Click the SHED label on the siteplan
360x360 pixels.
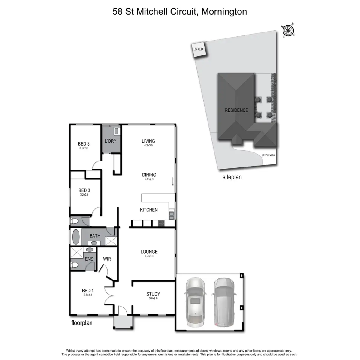click(x=199, y=49)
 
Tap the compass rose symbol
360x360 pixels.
click(x=289, y=30)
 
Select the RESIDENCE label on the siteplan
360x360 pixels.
click(x=236, y=110)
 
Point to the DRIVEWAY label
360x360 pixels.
click(x=268, y=155)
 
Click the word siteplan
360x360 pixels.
click(x=232, y=177)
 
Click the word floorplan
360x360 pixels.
click(x=82, y=323)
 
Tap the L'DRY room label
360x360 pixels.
click(x=110, y=141)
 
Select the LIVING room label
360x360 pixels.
click(x=148, y=141)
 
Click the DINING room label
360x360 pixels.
click(x=149, y=175)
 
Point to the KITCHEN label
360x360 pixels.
click(x=149, y=210)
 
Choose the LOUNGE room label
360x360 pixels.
click(x=149, y=252)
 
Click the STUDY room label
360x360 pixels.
click(x=153, y=294)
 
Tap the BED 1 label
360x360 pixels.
click(x=88, y=290)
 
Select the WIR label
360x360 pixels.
click(x=107, y=259)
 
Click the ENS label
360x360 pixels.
click(x=89, y=259)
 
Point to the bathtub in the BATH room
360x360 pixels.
click(x=76, y=237)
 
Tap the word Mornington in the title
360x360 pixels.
click(x=224, y=12)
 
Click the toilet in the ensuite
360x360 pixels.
click(x=75, y=265)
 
